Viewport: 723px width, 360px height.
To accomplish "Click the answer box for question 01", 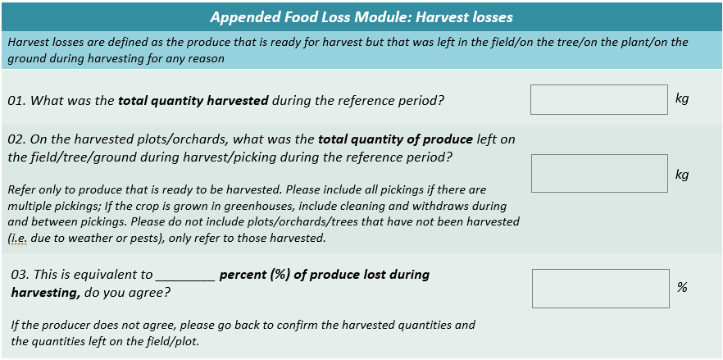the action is [x=599, y=99].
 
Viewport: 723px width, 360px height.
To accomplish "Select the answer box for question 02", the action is [x=599, y=173].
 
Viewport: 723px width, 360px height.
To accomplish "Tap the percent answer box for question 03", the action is [x=600, y=289].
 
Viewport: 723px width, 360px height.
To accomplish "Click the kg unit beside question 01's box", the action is [x=682, y=98].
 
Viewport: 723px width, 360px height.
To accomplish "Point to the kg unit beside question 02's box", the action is [x=682, y=175].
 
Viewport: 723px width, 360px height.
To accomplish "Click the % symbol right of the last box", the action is [x=682, y=287].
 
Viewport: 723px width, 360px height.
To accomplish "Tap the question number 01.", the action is [x=16, y=101].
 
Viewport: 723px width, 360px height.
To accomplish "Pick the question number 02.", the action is [x=16, y=139].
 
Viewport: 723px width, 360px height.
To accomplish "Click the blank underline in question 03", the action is [x=186, y=280].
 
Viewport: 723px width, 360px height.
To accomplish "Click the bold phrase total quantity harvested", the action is [x=193, y=101].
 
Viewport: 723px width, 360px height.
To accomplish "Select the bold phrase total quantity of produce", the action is [x=396, y=139].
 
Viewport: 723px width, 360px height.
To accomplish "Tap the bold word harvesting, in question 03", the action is [x=46, y=293].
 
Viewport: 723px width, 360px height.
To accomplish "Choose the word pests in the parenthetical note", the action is [x=161, y=239].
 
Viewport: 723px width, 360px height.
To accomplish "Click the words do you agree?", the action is [x=127, y=293].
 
